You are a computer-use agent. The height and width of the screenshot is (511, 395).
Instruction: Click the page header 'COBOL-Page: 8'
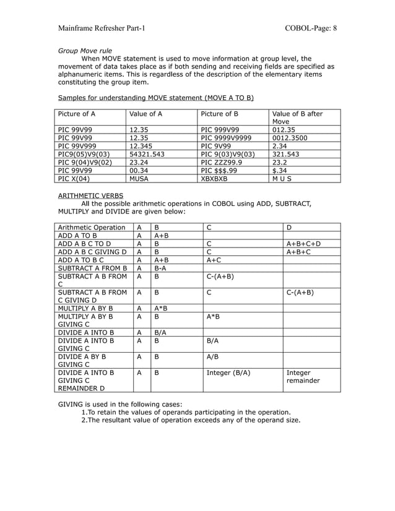[x=311, y=28]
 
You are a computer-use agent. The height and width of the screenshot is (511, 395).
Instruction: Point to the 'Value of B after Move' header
[x=297, y=118]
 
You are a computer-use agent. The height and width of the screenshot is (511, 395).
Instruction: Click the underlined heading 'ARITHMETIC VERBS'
[x=90, y=195]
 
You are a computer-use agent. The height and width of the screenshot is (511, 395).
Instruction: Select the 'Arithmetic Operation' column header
[x=91, y=227]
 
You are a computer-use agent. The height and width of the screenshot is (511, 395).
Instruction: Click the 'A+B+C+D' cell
[x=303, y=243]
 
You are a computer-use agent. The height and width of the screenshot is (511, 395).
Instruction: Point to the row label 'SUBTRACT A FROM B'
[x=92, y=268]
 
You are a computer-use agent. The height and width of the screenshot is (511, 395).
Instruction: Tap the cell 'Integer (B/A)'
[x=228, y=373]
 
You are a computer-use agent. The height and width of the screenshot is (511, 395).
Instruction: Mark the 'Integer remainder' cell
[x=303, y=377]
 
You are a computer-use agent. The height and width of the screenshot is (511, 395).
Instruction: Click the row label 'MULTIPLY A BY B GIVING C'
[x=85, y=319]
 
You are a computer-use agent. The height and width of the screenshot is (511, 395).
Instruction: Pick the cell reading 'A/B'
[x=212, y=357]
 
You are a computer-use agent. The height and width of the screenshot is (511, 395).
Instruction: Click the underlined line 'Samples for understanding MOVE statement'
[x=155, y=98]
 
